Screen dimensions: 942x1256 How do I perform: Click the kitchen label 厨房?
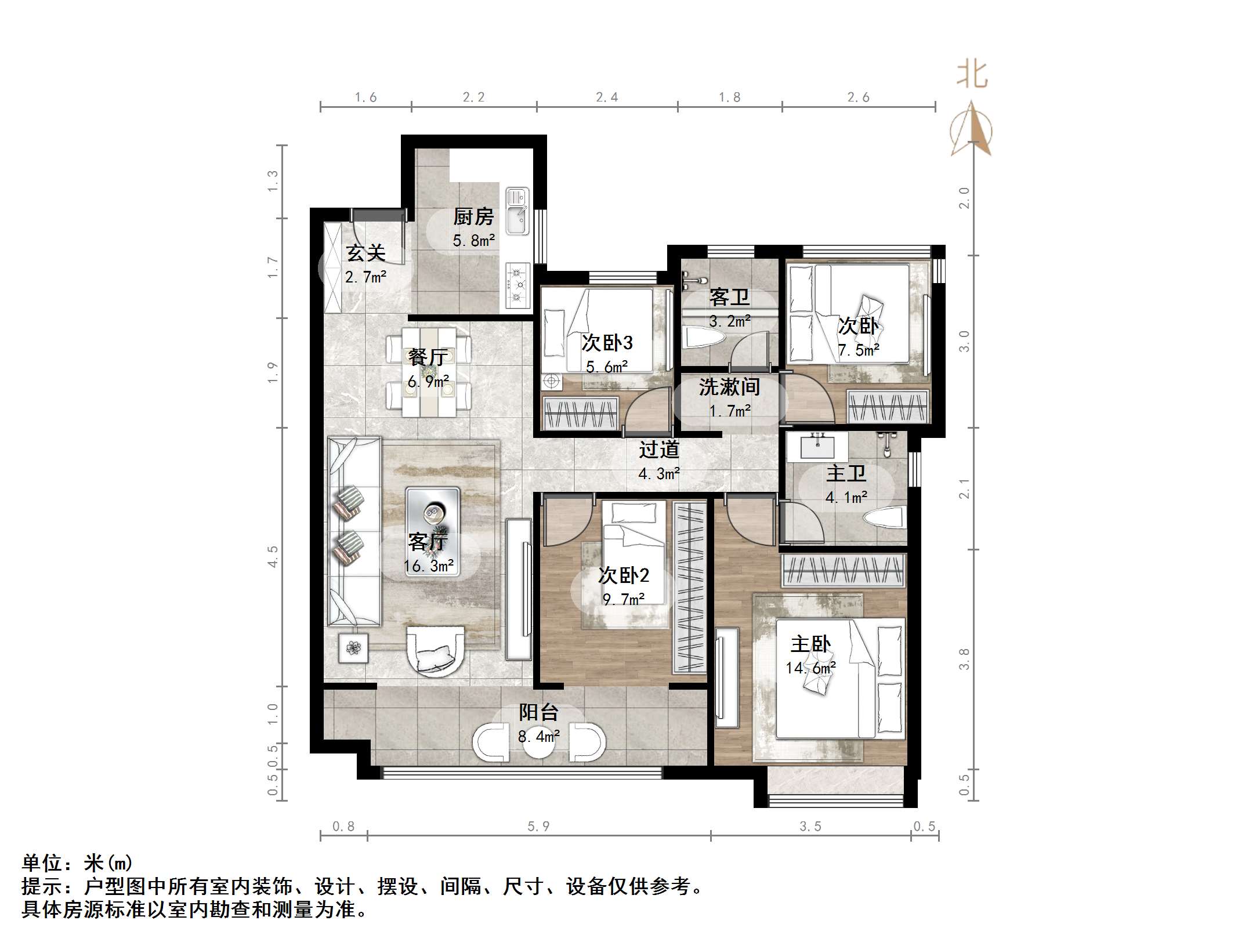pos(473,217)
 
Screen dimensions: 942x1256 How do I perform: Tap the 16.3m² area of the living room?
pos(429,566)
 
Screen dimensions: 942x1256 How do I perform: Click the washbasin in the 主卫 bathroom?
pos(817,446)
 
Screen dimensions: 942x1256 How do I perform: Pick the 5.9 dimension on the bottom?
pos(538,826)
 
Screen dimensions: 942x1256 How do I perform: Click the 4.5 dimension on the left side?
pos(272,556)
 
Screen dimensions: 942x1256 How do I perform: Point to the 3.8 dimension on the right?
pos(964,659)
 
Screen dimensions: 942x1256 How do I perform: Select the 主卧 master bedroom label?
pos(810,644)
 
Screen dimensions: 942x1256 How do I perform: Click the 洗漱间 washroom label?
pos(729,387)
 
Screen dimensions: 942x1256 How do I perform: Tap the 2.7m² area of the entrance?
pos(365,277)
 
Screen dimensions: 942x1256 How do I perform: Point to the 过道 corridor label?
pos(659,450)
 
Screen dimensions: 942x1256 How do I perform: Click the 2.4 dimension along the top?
pos(607,97)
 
